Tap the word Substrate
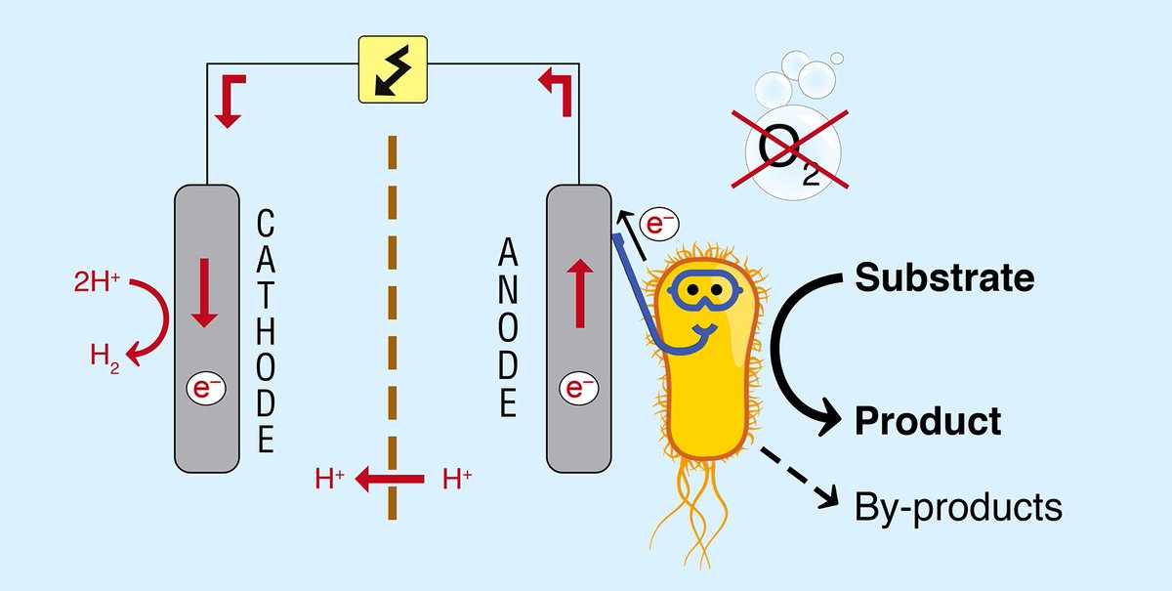944,278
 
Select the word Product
928,422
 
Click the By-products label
957,508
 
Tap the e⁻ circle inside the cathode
205,389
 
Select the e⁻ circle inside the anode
577,389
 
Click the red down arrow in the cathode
206,292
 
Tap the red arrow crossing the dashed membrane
389,480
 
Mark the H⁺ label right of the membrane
457,480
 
